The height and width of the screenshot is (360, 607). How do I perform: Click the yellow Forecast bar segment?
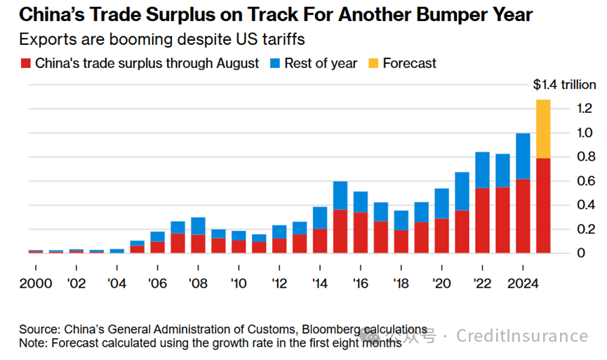pos(543,128)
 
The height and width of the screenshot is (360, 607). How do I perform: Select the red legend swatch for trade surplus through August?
pos(26,64)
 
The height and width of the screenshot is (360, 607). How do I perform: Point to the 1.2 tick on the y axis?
pos(567,109)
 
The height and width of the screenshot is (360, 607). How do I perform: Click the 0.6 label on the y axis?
pos(567,180)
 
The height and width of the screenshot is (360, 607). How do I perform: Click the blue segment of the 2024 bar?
pos(523,156)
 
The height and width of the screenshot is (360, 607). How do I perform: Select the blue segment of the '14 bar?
pos(320,217)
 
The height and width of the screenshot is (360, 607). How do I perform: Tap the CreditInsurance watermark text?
pos(522,336)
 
